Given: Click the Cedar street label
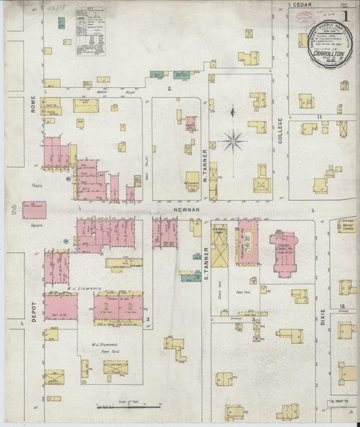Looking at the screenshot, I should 301,4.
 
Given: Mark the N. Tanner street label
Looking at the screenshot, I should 203,159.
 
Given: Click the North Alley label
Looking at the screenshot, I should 105,91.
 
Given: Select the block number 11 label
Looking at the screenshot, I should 316,118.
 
